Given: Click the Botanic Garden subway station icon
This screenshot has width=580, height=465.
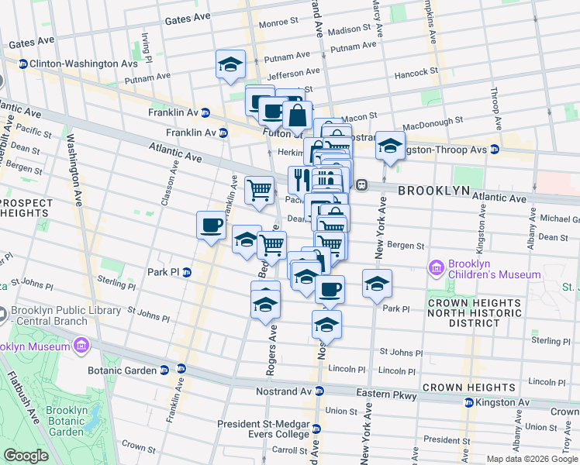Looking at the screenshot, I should click(x=164, y=370).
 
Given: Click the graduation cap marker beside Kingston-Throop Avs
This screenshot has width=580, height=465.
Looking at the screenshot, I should click(x=390, y=146).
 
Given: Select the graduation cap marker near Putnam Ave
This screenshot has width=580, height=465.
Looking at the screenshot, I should click(x=230, y=65).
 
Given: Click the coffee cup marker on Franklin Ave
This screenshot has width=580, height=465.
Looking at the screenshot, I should click(x=211, y=226).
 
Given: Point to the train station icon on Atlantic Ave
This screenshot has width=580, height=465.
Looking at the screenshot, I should click(x=361, y=185).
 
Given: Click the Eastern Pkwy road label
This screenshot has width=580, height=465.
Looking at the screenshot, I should click(x=391, y=395).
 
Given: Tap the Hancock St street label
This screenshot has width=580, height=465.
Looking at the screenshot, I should click(x=416, y=72).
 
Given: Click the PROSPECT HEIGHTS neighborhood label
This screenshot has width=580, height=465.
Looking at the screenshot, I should click(x=26, y=208).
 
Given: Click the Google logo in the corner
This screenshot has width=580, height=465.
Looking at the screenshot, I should click(x=26, y=456).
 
